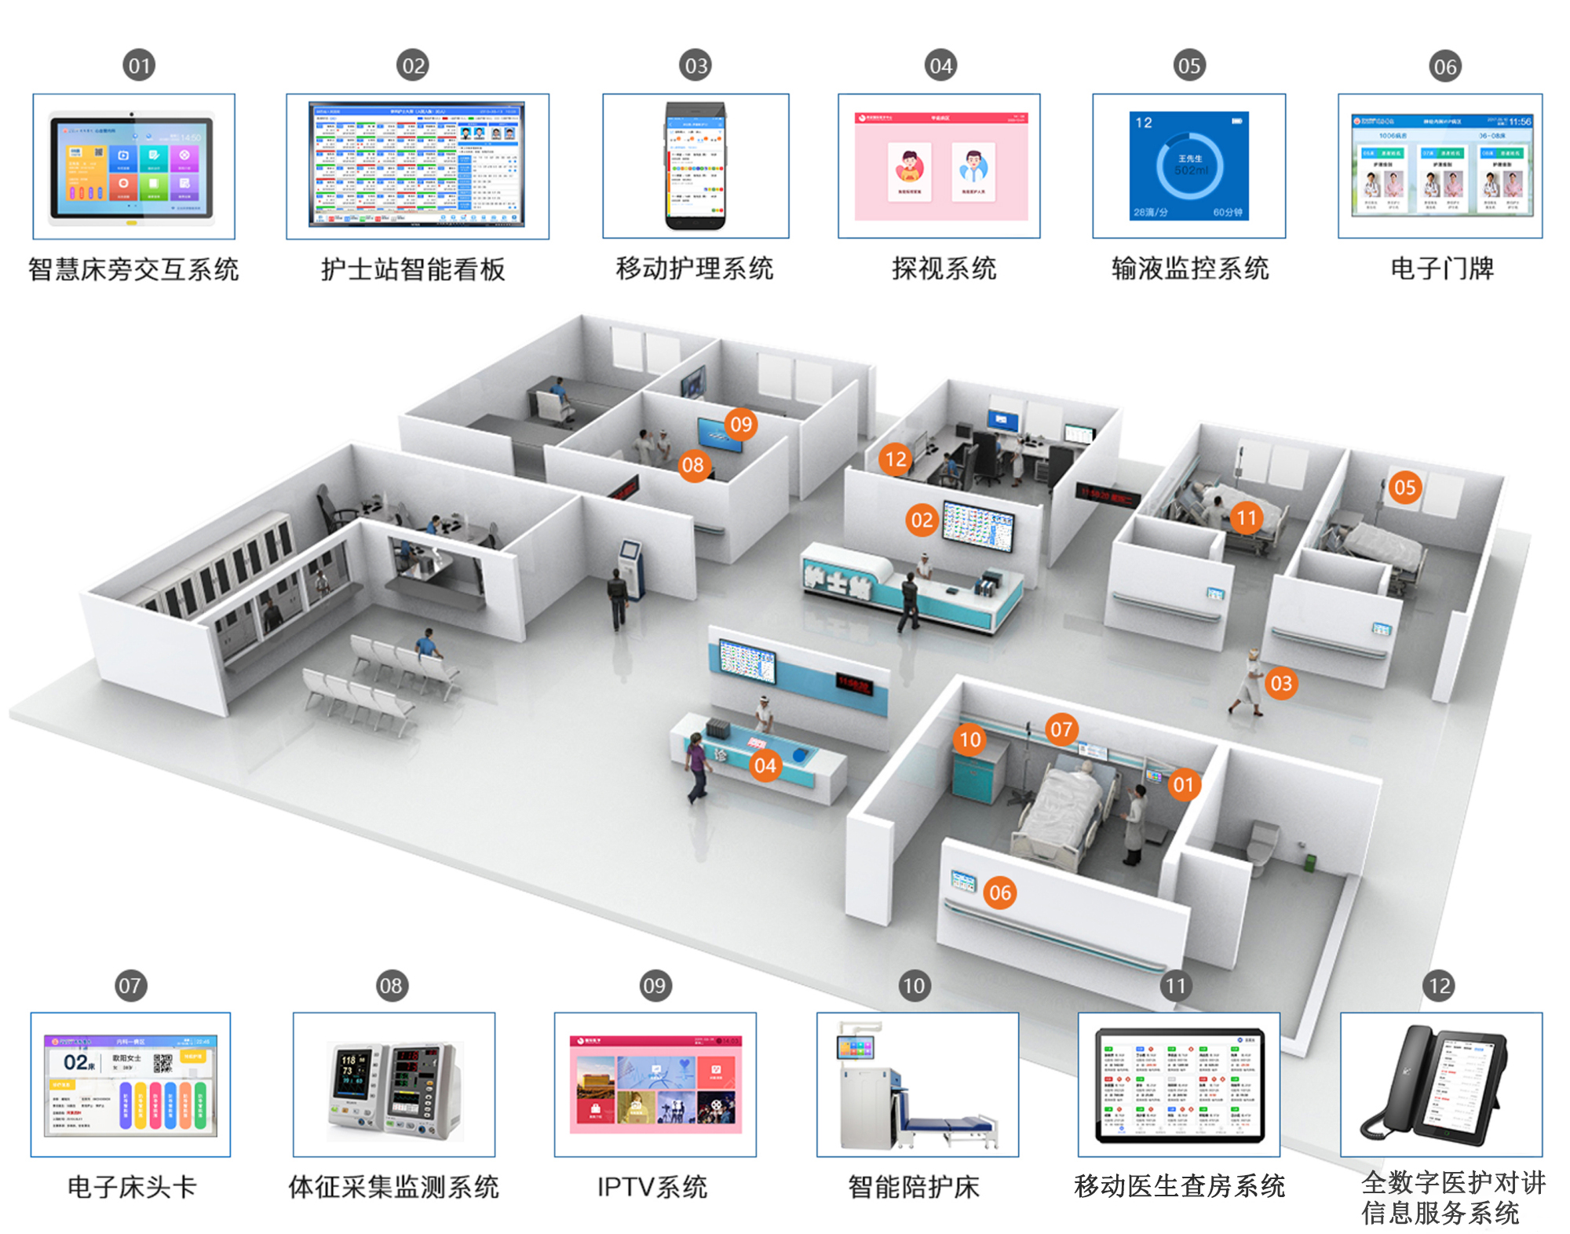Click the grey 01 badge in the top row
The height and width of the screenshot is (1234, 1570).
(x=139, y=65)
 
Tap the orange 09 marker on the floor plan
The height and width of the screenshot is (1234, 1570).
(x=740, y=425)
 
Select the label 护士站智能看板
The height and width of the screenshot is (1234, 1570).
(x=413, y=269)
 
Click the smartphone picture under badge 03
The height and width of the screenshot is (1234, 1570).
(x=696, y=166)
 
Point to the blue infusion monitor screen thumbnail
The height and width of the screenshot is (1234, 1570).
(x=1190, y=166)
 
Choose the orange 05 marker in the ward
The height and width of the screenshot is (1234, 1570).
(x=1404, y=487)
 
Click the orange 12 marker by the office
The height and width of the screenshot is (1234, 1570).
(x=896, y=459)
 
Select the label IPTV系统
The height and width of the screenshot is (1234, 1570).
(x=652, y=1186)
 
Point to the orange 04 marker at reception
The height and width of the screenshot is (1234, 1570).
(x=765, y=765)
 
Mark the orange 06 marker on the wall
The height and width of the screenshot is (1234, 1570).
(x=999, y=893)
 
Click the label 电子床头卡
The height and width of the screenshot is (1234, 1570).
(x=131, y=1186)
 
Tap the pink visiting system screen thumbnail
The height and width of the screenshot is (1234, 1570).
(x=940, y=166)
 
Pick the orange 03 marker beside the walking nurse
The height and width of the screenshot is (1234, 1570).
(x=1280, y=684)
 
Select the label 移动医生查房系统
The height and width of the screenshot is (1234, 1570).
(x=1179, y=1185)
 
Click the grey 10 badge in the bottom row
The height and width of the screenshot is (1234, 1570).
(x=914, y=985)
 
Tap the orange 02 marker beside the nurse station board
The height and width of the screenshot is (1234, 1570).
(x=922, y=520)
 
